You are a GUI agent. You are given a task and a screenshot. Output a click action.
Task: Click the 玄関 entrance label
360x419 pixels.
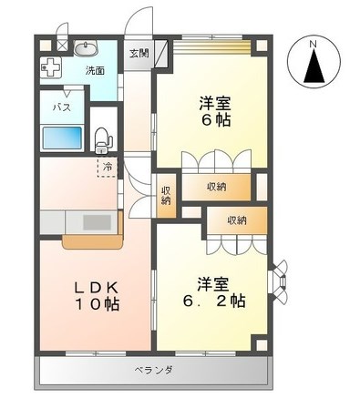click(x=139, y=54)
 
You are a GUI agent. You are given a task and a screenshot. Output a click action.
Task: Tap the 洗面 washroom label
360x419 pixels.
click(x=95, y=71)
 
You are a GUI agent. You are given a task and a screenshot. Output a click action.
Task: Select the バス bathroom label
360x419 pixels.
click(x=62, y=107)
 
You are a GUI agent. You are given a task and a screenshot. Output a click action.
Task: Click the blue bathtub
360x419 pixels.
click(x=62, y=138)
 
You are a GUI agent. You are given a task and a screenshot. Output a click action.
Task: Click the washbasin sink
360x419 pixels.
click(x=86, y=48)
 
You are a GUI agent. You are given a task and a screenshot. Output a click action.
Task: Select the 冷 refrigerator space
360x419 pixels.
click(x=108, y=167)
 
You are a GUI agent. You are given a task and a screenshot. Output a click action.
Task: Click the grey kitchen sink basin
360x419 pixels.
click(x=98, y=222)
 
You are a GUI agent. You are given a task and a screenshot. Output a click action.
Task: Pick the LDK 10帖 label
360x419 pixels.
click(x=97, y=296)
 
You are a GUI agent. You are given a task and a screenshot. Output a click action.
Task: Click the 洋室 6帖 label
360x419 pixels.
click(x=215, y=112)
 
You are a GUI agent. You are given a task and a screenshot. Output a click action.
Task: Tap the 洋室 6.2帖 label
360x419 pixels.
click(x=214, y=292)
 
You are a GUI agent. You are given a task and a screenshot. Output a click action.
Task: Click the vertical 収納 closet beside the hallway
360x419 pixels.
click(x=166, y=196)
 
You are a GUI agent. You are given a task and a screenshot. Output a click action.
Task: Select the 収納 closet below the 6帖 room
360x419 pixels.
click(x=216, y=187)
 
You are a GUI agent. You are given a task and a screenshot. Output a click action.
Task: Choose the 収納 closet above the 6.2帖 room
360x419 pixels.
click(x=237, y=220)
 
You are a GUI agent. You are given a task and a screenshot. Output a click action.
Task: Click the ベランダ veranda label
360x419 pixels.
click(x=154, y=370)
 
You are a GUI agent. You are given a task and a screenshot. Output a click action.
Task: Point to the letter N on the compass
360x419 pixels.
click(x=314, y=45)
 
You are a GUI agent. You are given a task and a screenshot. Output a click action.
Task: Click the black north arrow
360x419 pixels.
click(x=314, y=66)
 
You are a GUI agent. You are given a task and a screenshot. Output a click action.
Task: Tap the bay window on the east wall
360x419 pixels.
click(x=278, y=281)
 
